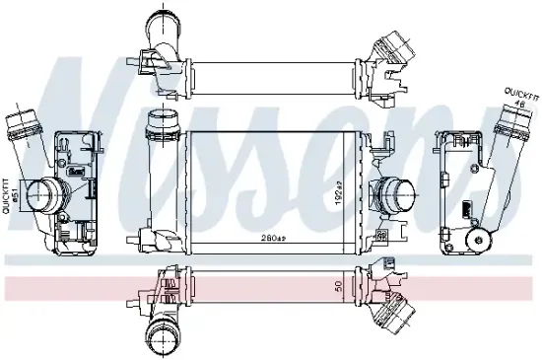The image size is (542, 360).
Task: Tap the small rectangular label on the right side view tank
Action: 463,209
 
